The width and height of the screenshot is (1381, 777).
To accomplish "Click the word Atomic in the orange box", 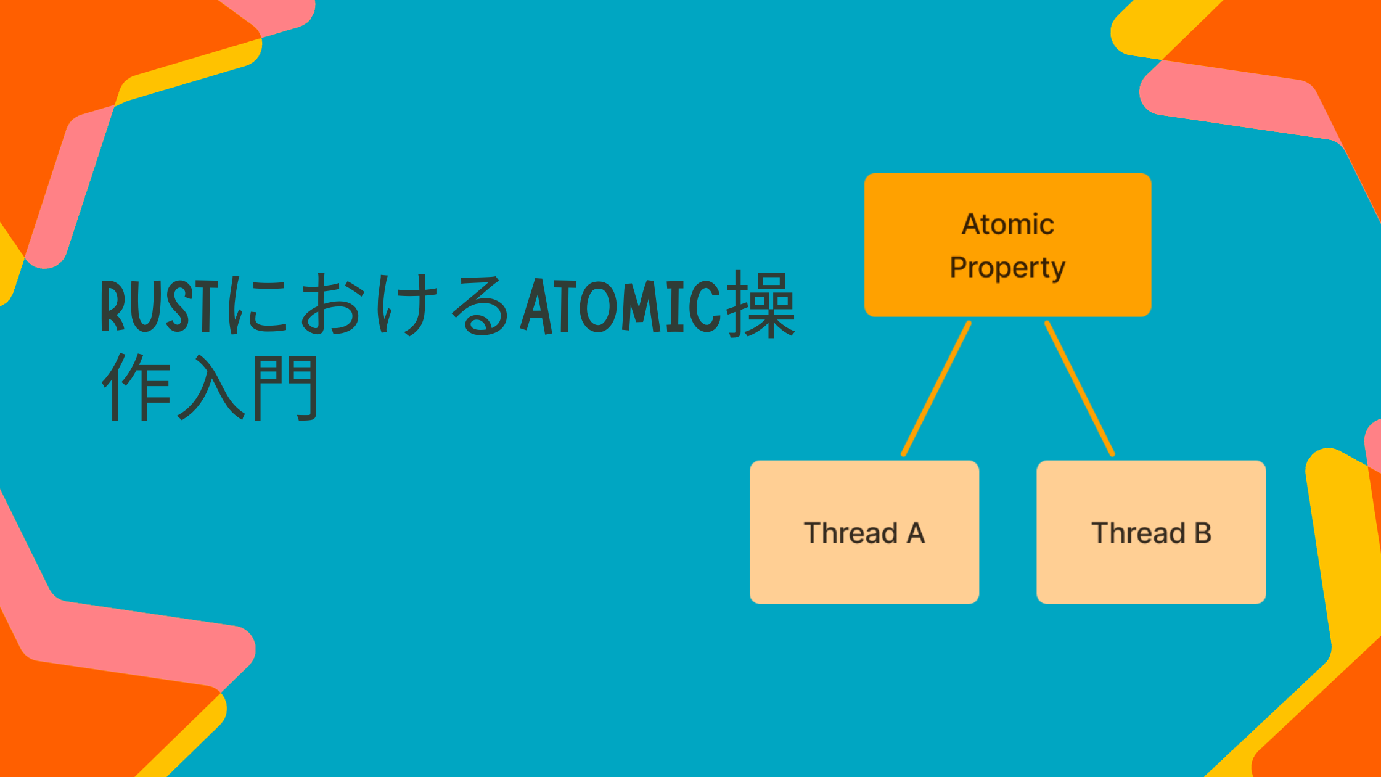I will click(x=1008, y=224).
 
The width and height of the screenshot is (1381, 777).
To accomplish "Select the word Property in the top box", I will click(x=1007, y=267).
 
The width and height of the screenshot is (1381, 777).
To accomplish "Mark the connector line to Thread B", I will click(x=1080, y=388).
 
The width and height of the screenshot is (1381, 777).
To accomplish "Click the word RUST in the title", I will click(x=160, y=306).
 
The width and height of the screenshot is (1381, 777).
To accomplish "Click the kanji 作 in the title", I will click(x=135, y=387).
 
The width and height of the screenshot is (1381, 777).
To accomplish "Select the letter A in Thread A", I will click(x=916, y=533).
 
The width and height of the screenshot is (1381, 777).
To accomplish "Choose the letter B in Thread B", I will click(x=1203, y=533).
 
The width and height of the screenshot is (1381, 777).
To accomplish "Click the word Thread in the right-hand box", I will click(x=1138, y=533).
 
